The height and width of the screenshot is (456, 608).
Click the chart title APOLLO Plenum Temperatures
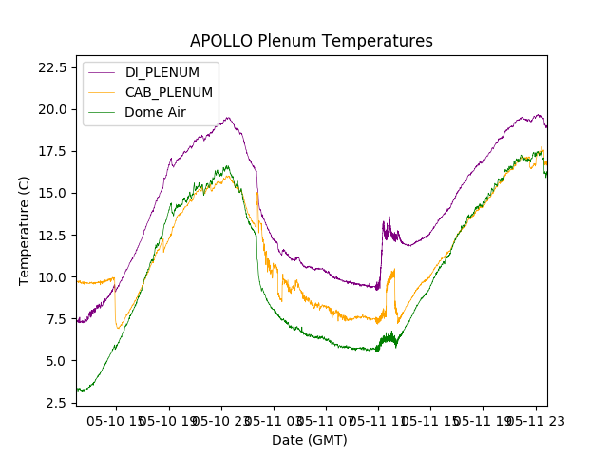(311, 41)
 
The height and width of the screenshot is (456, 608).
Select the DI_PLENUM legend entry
(162, 72)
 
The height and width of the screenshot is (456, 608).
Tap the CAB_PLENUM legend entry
(169, 92)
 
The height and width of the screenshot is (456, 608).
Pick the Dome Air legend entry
(156, 112)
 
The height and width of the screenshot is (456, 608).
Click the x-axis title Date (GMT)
(310, 440)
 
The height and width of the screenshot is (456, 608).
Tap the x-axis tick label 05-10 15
(116, 420)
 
